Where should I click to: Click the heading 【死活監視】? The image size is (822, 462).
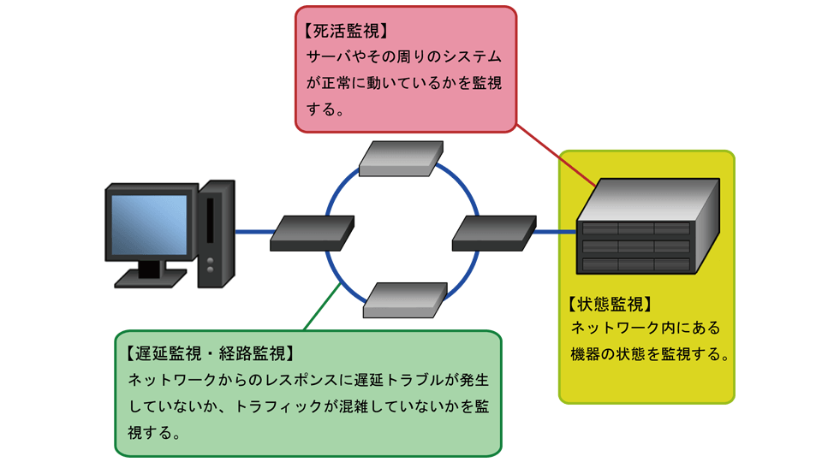[347, 32]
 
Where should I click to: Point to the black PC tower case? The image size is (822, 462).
[216, 233]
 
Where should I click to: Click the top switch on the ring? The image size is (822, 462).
[401, 158]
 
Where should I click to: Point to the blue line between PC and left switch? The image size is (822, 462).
[254, 232]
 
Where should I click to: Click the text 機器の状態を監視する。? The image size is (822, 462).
[650, 353]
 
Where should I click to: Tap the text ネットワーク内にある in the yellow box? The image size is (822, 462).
[646, 328]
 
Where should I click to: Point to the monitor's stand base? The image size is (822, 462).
[151, 277]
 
